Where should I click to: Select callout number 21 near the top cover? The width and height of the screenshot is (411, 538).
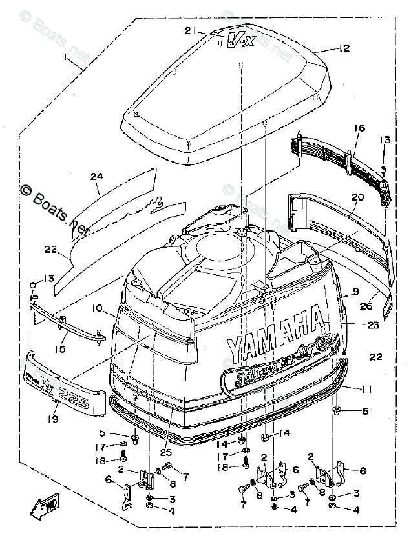(x=189, y=30)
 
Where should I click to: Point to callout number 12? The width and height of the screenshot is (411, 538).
(x=343, y=48)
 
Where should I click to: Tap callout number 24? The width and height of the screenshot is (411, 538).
(x=96, y=175)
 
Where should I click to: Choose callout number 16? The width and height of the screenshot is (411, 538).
(x=359, y=129)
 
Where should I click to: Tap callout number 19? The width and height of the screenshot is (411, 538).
(x=52, y=418)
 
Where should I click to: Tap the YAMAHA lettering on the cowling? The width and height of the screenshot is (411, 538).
(x=274, y=335)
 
